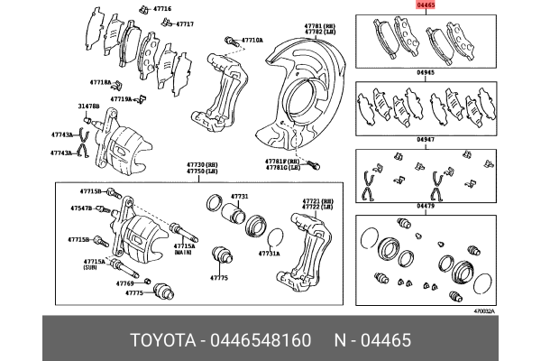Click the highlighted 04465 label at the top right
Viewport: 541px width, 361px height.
point(425,5)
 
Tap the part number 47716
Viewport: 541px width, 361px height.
point(162,7)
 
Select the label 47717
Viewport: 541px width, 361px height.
point(184,24)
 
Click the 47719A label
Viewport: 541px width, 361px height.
point(121,98)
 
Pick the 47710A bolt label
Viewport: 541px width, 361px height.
point(252,41)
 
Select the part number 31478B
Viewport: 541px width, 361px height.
point(88,106)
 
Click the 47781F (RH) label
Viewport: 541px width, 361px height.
point(281,161)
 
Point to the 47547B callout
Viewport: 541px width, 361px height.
point(81,208)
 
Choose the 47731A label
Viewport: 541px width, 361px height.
point(269,255)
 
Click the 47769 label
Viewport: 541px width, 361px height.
point(124,282)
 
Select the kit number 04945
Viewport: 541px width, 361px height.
point(426,73)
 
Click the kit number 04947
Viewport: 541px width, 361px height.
point(426,140)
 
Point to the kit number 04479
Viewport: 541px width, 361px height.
point(426,206)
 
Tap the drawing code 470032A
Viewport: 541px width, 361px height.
point(484,311)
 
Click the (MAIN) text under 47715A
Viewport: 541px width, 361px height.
point(184,252)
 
